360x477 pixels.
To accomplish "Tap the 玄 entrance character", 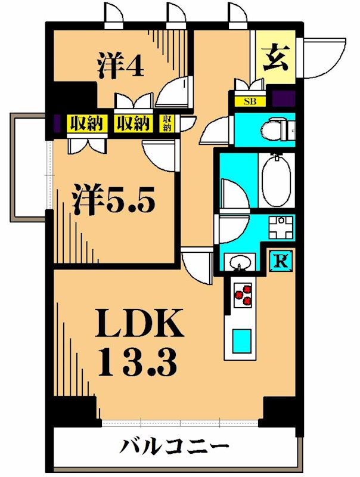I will (275, 58).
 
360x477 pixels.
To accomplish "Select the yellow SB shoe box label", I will (247, 101).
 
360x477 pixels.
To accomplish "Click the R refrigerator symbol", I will (280, 260).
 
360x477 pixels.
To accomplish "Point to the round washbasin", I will (241, 261).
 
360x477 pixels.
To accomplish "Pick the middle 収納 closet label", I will (132, 123).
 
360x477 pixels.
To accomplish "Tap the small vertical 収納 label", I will (167, 123).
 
